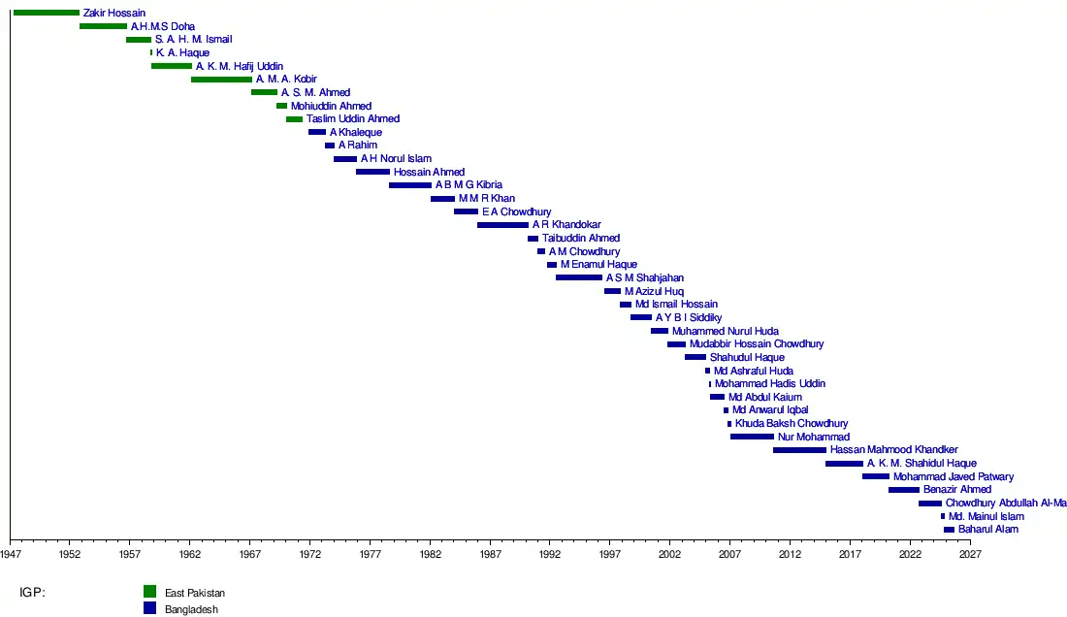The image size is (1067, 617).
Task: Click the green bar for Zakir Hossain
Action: point(46,13)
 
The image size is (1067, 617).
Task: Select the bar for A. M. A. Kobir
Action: point(221,80)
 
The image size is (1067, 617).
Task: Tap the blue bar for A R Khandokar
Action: point(502,225)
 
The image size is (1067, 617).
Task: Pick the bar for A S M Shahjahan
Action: point(578,277)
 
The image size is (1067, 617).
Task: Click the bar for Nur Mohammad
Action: point(752,437)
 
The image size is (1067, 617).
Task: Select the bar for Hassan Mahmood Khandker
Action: point(799,450)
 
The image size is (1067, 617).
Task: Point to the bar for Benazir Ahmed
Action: point(903,490)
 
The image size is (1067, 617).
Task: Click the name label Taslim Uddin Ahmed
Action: point(353,119)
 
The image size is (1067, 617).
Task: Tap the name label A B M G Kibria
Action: point(469,185)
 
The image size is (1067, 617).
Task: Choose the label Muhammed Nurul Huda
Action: point(726,331)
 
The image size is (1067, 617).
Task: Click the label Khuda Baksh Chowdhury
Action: point(792,424)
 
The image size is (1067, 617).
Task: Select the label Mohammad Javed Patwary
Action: point(954,477)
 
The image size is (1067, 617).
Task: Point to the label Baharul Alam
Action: point(988,530)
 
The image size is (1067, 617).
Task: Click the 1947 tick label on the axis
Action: point(11,555)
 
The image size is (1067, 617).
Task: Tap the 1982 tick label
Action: point(431,555)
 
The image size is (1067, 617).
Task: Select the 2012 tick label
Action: point(790,555)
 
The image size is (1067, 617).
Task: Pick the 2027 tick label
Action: point(970,555)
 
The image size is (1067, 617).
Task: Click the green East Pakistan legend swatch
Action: point(149,592)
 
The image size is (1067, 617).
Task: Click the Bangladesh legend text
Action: point(191,609)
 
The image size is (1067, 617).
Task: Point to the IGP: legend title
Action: point(32,592)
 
